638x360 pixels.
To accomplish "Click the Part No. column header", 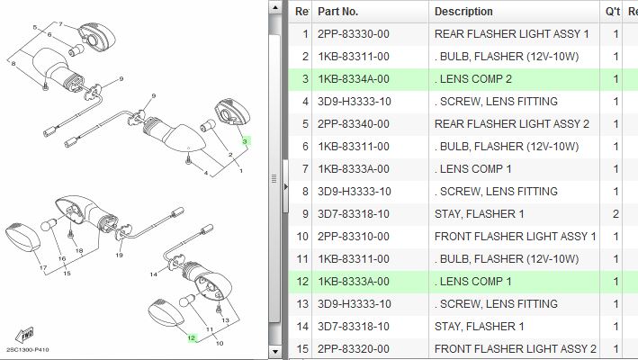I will coord(337,12).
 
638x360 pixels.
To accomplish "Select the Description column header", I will coord(463,12).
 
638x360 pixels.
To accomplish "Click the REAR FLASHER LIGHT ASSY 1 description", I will coord(511,34).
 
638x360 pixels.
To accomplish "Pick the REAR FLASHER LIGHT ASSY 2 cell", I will coord(511,124).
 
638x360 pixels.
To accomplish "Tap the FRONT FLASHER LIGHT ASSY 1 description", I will coord(515,237).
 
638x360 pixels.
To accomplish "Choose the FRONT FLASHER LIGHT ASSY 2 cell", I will coord(515,349).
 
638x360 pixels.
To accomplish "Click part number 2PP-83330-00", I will coord(354,34).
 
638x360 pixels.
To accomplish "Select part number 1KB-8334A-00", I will coord(354,79).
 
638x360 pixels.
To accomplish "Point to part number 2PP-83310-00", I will coord(354,237).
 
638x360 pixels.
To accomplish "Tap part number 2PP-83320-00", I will coord(354,349).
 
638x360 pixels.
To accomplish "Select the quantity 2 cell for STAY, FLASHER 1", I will coord(616,214).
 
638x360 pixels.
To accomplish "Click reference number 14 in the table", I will coord(302,327).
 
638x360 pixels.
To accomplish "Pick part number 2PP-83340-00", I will coord(354,124).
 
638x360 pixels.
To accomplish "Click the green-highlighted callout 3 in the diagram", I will coord(244,141).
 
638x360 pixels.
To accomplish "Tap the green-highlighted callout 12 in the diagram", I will coord(191,338).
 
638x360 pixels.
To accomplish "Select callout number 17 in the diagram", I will coord(41,268).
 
